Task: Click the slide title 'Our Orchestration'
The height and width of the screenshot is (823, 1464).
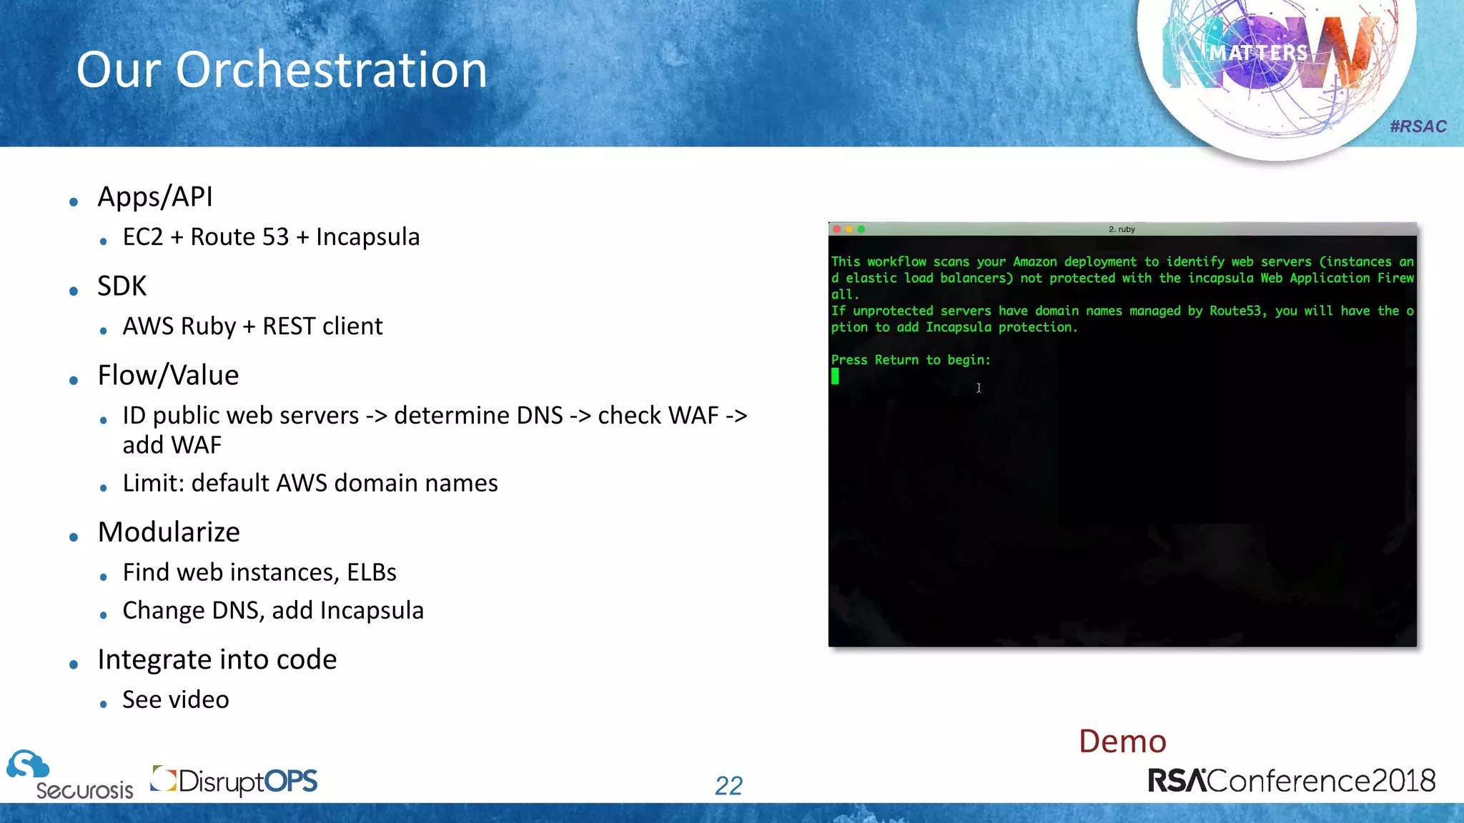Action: coord(282,70)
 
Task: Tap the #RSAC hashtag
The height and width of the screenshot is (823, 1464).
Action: coord(1418,126)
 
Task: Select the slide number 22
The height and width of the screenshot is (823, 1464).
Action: coord(728,786)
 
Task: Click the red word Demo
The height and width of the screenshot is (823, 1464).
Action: coord(1122,742)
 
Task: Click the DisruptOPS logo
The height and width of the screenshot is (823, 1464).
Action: coord(234,781)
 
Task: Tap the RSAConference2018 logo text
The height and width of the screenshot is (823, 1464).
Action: coord(1291,781)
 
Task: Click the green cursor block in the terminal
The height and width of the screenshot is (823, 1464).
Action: coord(835,376)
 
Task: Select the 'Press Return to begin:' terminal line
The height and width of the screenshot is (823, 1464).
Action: coord(911,360)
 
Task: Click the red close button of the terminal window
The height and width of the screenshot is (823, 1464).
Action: coord(837,229)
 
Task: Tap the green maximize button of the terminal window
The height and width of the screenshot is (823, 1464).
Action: coord(861,229)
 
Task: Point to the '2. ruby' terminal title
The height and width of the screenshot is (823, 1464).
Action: coord(1122,229)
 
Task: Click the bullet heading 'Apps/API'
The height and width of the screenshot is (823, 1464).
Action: coord(155,197)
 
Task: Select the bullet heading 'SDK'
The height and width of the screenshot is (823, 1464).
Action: coord(122,286)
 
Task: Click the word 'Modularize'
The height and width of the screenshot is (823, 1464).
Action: coord(169,532)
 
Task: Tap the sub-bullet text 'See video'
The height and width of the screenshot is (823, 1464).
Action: coord(176,700)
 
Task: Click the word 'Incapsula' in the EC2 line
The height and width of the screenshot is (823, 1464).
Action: coord(367,237)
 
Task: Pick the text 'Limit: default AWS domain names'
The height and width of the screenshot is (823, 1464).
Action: coord(310,484)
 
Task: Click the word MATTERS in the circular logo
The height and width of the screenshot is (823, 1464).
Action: coord(1258,53)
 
